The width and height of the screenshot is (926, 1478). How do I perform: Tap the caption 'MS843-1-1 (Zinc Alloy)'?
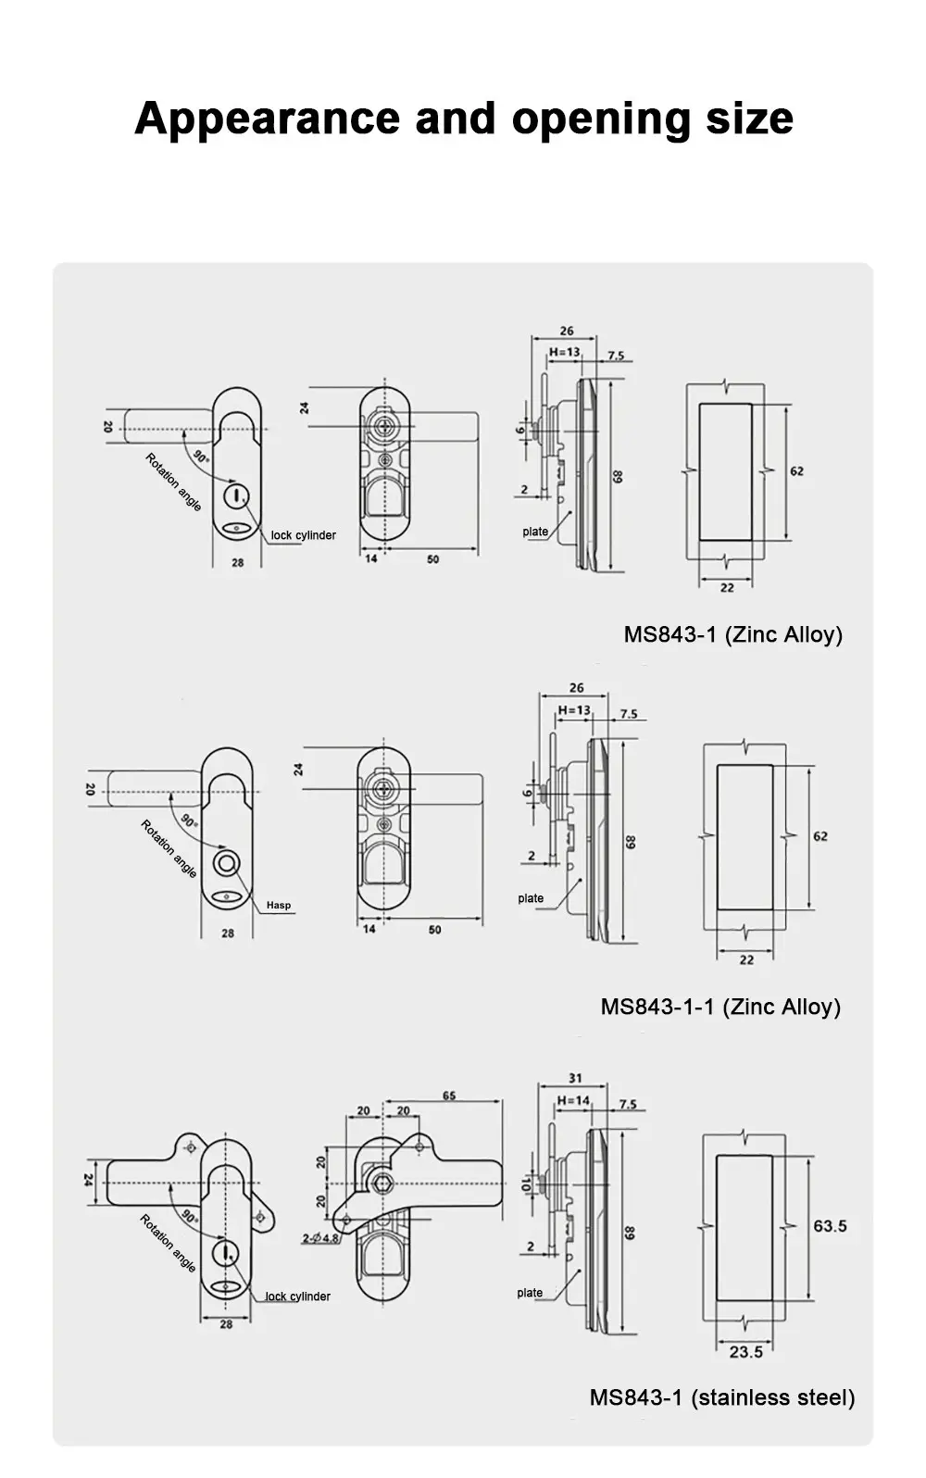[x=720, y=1007]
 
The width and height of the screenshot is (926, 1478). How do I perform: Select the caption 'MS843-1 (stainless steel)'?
[x=722, y=1397]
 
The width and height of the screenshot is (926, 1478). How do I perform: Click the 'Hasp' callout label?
[x=278, y=906]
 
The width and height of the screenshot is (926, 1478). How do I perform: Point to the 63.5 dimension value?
[x=830, y=1226]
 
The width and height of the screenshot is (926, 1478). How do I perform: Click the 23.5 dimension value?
[x=745, y=1352]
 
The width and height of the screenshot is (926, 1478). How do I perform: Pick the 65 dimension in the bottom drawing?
[x=449, y=1096]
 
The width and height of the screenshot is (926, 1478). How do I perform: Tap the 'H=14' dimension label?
[x=573, y=1101]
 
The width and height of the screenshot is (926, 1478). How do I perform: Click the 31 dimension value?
[x=575, y=1078]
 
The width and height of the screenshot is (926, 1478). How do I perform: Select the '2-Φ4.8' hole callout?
[x=320, y=1238]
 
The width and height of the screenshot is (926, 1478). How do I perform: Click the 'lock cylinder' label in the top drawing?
[x=303, y=535]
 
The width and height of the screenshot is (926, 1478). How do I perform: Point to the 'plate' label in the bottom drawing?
[x=530, y=1293]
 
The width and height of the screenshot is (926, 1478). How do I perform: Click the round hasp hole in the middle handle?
[x=227, y=864]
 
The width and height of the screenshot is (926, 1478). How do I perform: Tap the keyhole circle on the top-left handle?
[x=237, y=495]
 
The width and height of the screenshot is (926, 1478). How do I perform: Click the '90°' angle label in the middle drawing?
[x=188, y=820]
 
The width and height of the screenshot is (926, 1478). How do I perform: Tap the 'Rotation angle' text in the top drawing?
[x=173, y=482]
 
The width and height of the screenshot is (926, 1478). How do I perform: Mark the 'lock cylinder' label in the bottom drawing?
[x=297, y=1296]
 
